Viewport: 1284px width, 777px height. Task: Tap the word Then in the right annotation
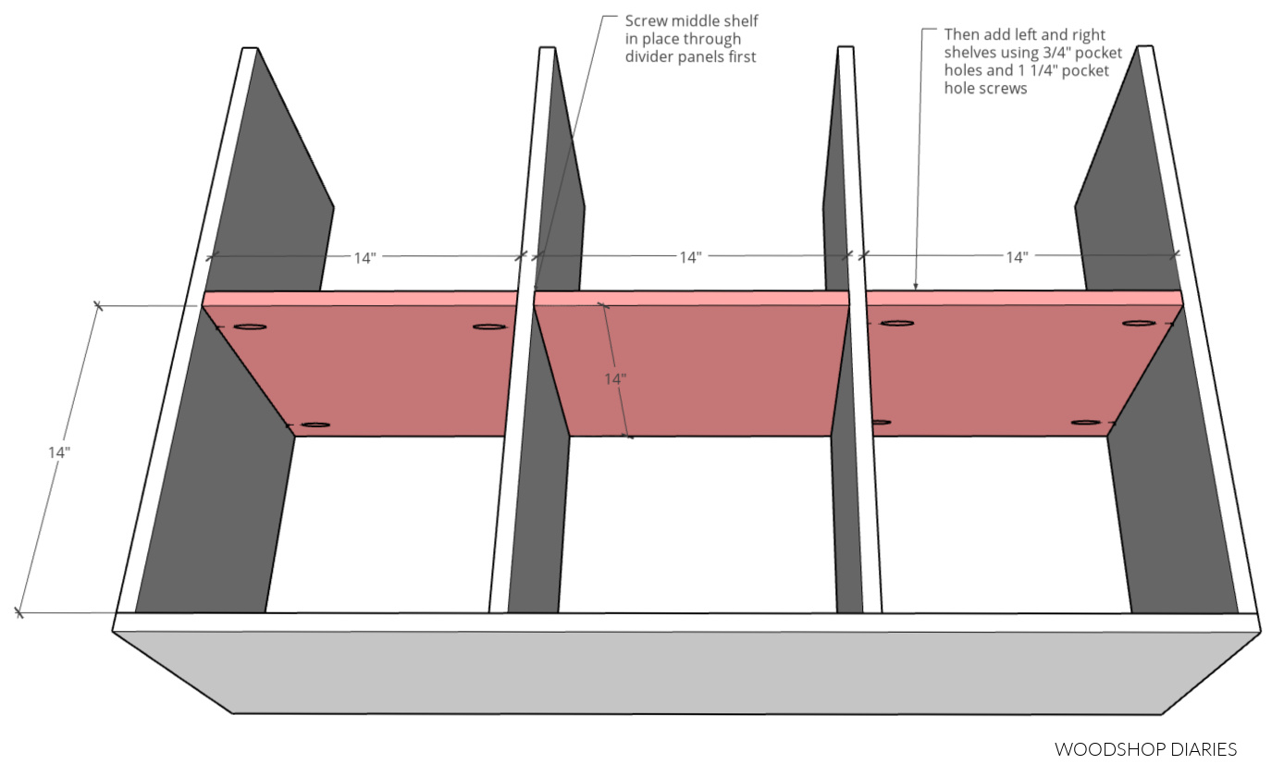961,34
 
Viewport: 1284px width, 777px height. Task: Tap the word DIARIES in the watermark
1202,749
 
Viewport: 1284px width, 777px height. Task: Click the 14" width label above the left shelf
364,258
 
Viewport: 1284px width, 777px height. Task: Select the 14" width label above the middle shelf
689,258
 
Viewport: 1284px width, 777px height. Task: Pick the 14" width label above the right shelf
1017,258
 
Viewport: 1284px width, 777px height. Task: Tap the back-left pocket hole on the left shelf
250,327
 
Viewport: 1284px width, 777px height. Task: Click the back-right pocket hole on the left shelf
489,327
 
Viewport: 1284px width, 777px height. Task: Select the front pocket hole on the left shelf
315,425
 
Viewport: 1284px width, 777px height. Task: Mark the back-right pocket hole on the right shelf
1139,324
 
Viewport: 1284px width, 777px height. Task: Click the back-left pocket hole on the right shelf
896,324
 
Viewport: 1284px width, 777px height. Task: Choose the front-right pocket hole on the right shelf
1086,423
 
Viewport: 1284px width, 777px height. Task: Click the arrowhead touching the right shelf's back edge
916,289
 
